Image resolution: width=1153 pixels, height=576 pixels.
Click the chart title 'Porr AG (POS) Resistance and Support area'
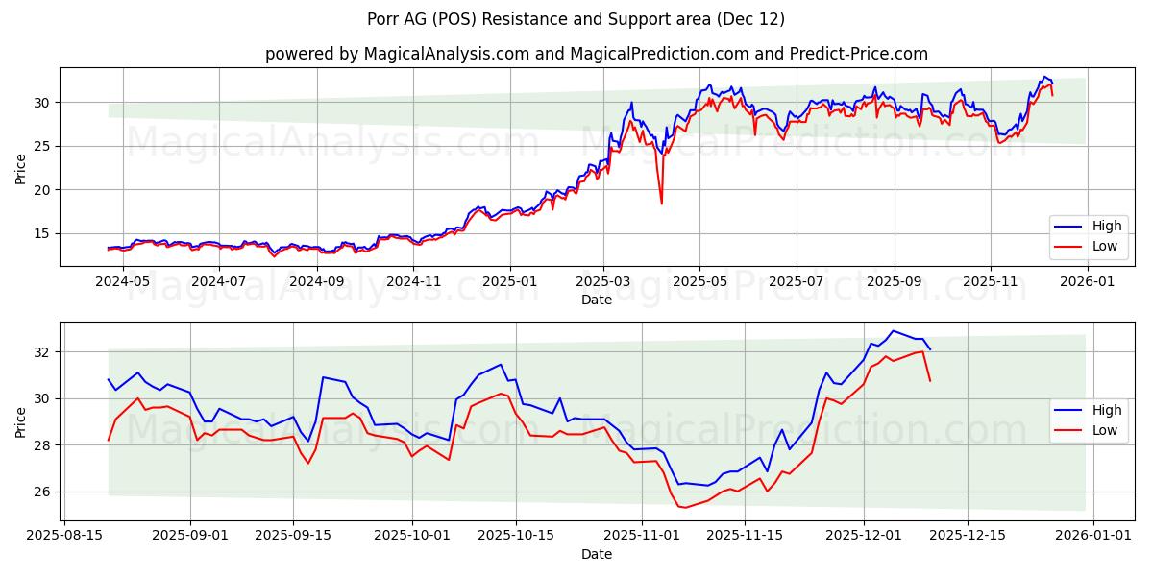576,19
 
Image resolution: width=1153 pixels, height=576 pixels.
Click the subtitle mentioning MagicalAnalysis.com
596,54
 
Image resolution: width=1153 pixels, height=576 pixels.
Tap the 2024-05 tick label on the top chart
124,281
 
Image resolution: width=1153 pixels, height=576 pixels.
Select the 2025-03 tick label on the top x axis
603,281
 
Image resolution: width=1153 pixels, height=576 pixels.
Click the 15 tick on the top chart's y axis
42,233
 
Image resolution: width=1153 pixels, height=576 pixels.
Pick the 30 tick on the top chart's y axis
42,103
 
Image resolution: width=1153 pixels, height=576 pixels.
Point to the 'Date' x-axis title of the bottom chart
596,554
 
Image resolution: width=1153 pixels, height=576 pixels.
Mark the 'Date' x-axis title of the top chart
596,300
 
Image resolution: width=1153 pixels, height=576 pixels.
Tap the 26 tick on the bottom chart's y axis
42,492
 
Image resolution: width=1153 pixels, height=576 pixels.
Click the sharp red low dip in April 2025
661,203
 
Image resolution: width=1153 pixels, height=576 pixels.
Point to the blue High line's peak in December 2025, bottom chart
893,330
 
